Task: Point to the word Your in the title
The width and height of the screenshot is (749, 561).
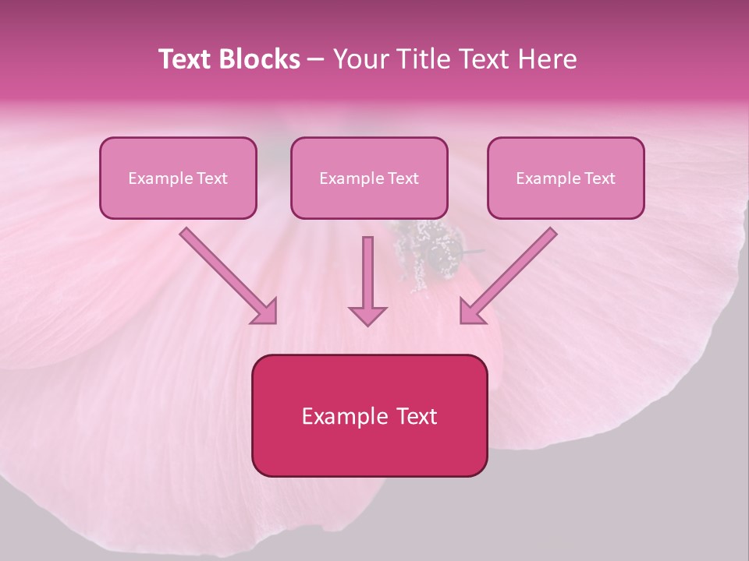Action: point(362,60)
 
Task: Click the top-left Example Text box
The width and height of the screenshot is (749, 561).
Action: point(178,178)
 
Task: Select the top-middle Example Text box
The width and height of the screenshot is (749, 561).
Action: point(369,178)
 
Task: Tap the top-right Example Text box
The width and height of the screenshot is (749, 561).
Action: point(566,178)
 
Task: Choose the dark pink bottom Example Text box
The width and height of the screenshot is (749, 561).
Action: point(369,416)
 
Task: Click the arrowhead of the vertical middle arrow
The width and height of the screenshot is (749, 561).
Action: point(367,315)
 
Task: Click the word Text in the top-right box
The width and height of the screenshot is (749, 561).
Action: point(599,178)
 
